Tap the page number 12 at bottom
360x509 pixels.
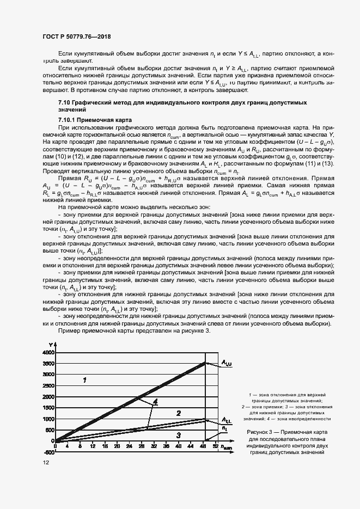click(x=45, y=462)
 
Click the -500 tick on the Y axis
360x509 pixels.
click(x=47, y=452)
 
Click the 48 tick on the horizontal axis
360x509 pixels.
click(x=204, y=446)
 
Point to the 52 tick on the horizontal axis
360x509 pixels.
click(x=216, y=446)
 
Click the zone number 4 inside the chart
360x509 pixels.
click(x=155, y=402)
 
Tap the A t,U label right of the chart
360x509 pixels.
click(x=227, y=363)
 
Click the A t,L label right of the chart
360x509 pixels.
click(x=227, y=420)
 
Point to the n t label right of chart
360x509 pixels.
click(x=224, y=428)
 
